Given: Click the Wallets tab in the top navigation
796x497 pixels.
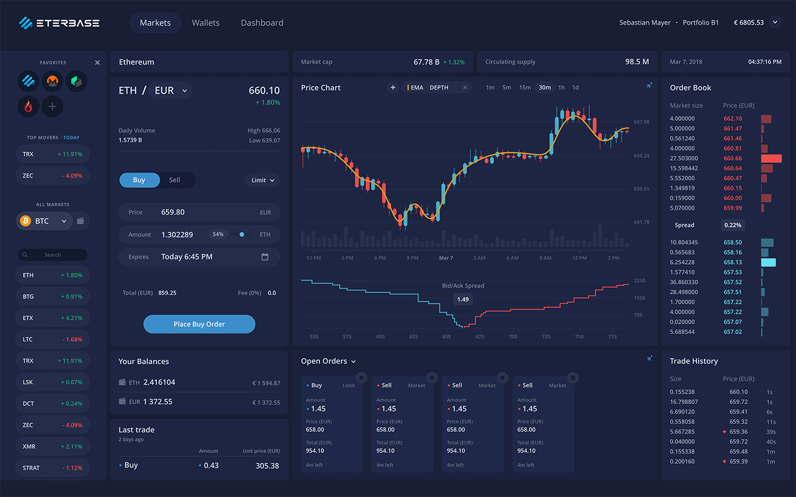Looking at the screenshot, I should [x=206, y=23].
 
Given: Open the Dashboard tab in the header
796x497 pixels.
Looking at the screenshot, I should [x=262, y=23].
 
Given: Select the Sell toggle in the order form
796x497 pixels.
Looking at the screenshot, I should [x=175, y=180].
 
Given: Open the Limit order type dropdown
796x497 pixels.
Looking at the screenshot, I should [x=263, y=180].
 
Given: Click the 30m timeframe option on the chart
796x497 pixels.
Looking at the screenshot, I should [x=544, y=87].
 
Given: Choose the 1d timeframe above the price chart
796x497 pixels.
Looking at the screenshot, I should [x=575, y=87].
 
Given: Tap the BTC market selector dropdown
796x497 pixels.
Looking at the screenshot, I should [x=44, y=221].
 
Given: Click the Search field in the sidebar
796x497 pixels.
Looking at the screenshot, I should [x=53, y=255].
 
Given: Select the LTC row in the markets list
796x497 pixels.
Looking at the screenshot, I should [x=53, y=339].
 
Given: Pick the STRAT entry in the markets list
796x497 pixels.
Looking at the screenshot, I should [x=53, y=468].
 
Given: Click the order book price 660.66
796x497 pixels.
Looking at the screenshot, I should [x=732, y=158].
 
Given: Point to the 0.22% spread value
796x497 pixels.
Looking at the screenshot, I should [x=732, y=225].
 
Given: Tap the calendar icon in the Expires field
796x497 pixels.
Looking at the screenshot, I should [x=265, y=257].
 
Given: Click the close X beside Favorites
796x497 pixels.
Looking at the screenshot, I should [x=97, y=62].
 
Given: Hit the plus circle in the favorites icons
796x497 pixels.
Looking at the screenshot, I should [x=53, y=107].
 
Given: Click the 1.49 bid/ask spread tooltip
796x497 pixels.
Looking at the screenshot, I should [x=463, y=299].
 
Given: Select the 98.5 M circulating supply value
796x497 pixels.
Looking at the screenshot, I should [x=637, y=62].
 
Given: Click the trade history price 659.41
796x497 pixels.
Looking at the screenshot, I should [x=738, y=412].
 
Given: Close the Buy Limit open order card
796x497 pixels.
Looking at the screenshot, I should [x=362, y=378].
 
